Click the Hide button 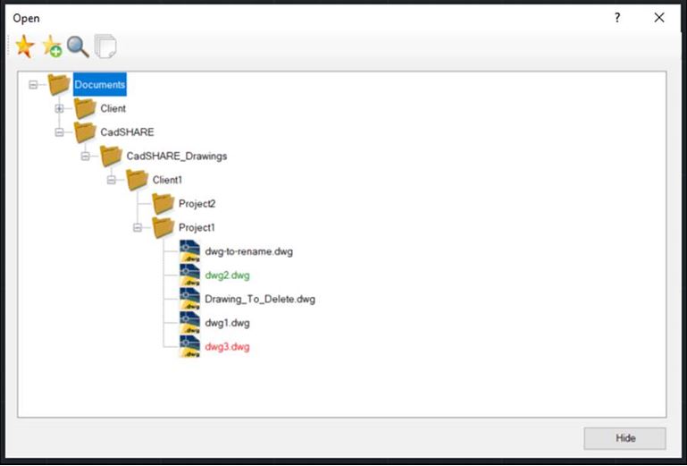point(624,438)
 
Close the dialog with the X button point(659,18)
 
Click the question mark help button point(617,18)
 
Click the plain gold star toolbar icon point(24,47)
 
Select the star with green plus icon point(52,47)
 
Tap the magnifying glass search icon point(78,47)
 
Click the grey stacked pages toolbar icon point(105,46)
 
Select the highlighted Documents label point(99,84)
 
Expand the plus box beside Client point(59,108)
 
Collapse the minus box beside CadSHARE point(59,132)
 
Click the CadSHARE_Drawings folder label point(177,157)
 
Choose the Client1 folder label point(167,180)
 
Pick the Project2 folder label point(197,204)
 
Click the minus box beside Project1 point(138,227)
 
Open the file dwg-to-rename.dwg point(248,251)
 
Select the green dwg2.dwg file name point(227,275)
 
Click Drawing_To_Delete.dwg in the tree point(260,300)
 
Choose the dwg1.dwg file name point(227,323)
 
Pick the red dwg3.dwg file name point(227,347)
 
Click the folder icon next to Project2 point(163,204)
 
